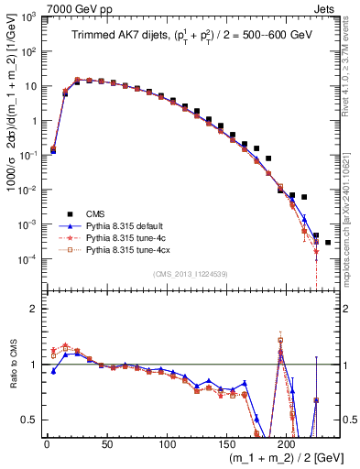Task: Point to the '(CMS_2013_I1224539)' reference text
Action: coord(190,272)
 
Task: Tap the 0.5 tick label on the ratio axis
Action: coord(27,420)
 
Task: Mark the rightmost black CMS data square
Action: coord(328,242)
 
